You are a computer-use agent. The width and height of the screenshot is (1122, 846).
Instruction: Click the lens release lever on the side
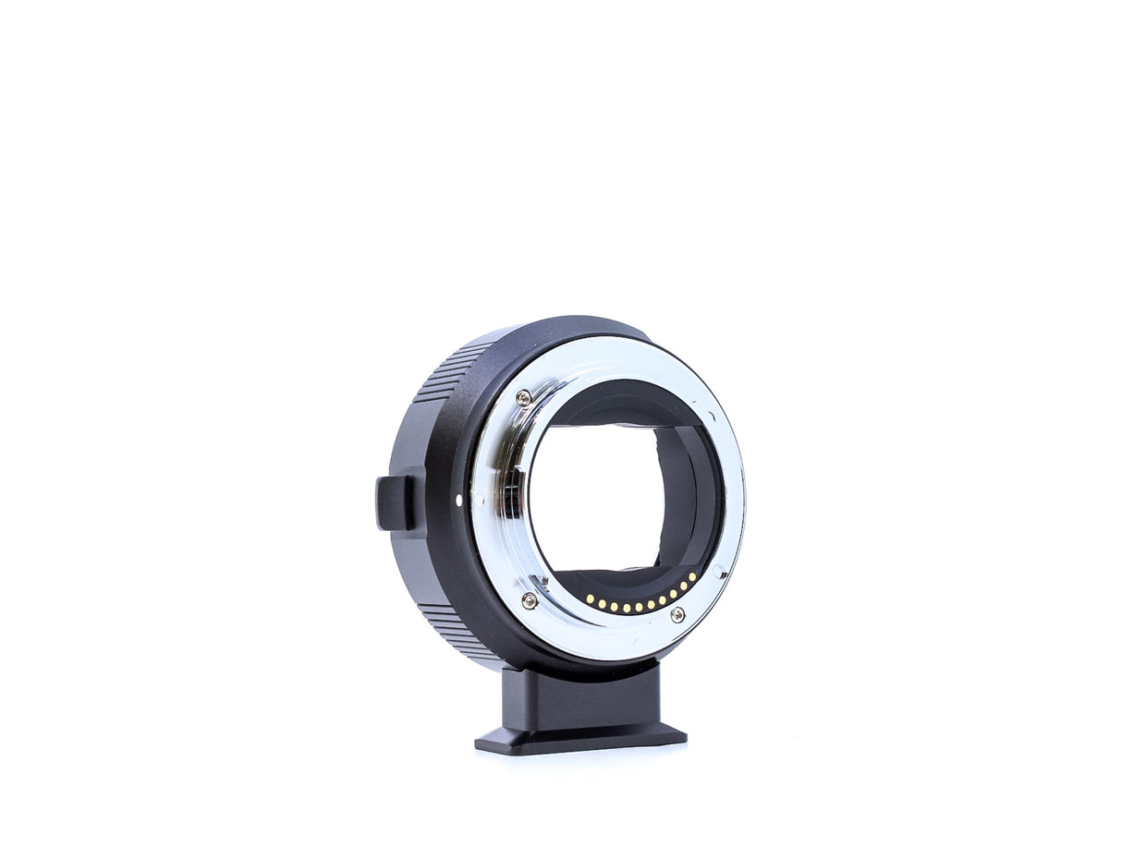point(395,503)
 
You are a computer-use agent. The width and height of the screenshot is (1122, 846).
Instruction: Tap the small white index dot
point(459,501)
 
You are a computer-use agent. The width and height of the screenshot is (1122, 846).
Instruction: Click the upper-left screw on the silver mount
point(524,398)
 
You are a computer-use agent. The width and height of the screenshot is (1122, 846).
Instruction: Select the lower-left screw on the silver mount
point(529,600)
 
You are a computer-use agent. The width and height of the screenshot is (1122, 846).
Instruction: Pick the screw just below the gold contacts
point(677,614)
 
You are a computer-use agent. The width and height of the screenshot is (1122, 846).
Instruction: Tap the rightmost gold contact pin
point(693,575)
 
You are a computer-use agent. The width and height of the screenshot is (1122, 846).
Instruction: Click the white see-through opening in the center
point(591,499)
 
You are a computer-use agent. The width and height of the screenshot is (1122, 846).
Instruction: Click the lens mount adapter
point(564,517)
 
